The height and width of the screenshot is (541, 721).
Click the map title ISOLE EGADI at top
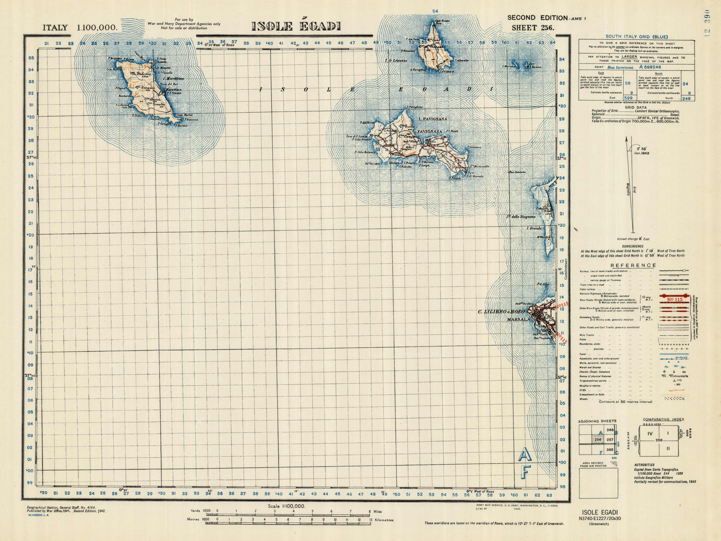point(296,26)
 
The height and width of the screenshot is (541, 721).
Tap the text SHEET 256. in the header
point(533,28)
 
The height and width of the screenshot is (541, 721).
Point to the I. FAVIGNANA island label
point(433,119)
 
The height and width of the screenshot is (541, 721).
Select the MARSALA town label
point(519,320)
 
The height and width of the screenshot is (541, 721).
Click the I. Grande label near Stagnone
point(534,228)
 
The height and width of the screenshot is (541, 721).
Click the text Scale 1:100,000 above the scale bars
point(287,506)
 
